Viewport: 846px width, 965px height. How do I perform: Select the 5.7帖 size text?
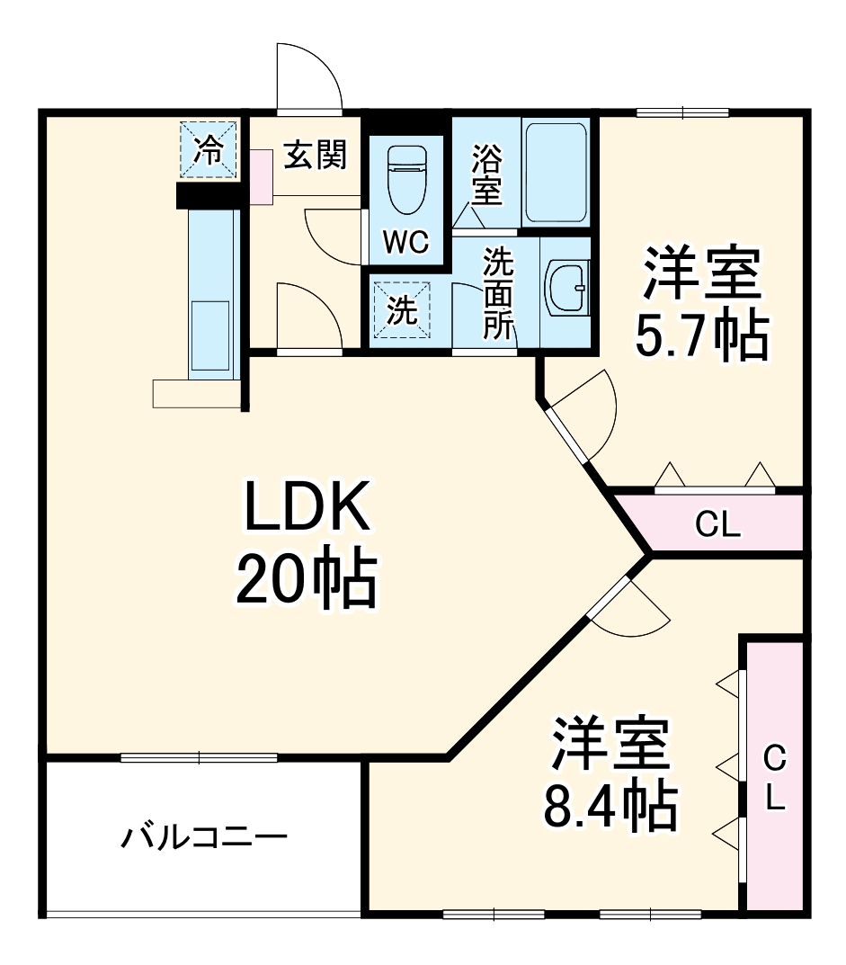click(x=701, y=335)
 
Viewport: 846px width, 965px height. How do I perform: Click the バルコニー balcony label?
click(x=205, y=838)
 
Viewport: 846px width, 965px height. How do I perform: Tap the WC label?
click(x=406, y=242)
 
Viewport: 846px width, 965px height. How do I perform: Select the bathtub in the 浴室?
click(x=556, y=172)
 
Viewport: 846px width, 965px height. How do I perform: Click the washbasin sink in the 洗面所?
click(x=566, y=290)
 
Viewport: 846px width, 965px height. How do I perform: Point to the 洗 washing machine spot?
click(x=402, y=310)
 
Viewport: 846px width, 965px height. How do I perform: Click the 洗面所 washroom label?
click(x=496, y=293)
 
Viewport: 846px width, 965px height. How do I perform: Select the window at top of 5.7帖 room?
click(x=683, y=112)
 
